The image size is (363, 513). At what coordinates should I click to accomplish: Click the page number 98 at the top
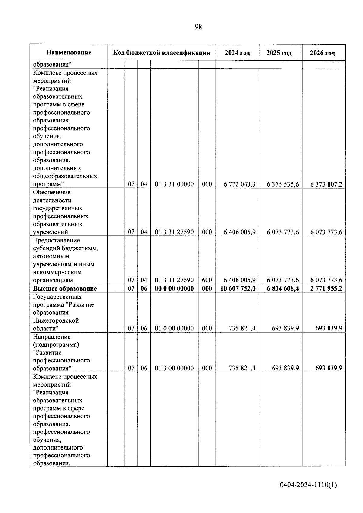198,27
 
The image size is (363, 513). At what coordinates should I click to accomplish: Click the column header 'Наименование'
69,53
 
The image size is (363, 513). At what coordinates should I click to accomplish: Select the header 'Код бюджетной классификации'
162,53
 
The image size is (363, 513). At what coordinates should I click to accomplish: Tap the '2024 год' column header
237,53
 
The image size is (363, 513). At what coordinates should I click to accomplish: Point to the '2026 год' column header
322,53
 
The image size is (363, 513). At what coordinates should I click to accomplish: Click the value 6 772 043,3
239,184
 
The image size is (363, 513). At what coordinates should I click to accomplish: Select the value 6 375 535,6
283,184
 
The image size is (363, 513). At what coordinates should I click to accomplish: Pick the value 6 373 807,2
326,184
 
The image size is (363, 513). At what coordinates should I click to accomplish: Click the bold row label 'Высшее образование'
65,288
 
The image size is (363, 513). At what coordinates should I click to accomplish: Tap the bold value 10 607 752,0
238,288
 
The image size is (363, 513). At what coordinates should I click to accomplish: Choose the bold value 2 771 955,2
326,288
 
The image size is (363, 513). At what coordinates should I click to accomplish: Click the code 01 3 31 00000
174,184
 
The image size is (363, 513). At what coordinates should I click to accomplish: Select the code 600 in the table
207,280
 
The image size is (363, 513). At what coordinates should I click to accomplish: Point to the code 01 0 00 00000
174,328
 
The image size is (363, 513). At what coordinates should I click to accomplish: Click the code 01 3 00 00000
174,368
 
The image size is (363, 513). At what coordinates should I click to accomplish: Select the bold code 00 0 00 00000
174,288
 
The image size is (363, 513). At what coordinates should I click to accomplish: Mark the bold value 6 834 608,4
283,288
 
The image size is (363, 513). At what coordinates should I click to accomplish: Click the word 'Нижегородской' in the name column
56,320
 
